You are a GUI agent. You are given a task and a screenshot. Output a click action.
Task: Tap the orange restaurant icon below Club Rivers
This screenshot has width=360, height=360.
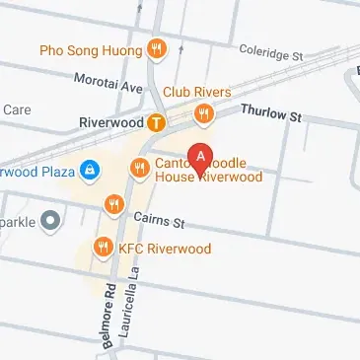tap(203, 114)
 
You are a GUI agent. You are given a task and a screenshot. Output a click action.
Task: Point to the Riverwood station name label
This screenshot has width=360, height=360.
tap(110, 124)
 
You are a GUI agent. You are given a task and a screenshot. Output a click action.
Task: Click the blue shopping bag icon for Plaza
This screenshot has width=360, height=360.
tap(90, 170)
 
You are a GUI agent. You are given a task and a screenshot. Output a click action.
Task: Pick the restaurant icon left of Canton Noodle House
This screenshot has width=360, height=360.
tap(138, 170)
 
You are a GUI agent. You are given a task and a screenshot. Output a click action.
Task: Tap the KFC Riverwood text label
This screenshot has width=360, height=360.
tap(165, 248)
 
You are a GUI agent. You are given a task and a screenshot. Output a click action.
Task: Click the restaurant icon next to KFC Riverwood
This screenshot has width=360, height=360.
tap(101, 247)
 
